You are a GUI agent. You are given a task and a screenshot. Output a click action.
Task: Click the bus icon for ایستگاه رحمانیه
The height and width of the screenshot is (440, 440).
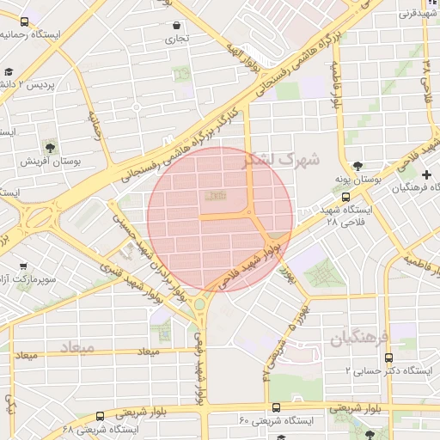point(23,21)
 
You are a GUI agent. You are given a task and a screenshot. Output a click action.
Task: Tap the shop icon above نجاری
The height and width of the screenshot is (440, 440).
point(177,25)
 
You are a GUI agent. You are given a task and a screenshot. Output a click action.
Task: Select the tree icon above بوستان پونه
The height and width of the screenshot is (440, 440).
point(357,166)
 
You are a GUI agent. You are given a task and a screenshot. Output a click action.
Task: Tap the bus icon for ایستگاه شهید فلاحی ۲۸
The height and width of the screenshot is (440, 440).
point(345,196)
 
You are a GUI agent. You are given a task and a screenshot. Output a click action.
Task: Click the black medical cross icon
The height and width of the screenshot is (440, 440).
point(427,174)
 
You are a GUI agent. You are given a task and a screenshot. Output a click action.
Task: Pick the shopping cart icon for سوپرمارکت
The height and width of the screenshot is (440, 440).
point(23,266)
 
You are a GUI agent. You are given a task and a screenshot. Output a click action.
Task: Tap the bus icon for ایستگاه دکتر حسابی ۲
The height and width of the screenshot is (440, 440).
point(388,357)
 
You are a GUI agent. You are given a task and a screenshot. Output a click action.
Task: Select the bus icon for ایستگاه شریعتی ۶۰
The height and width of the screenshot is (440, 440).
point(276,407)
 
